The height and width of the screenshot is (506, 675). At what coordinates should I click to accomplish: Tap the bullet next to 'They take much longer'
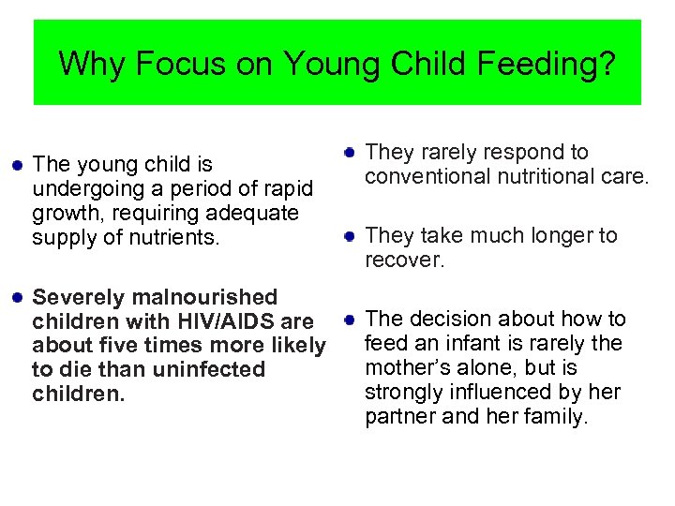pyautogui.click(x=349, y=235)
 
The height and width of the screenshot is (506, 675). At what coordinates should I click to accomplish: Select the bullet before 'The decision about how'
pyautogui.click(x=349, y=319)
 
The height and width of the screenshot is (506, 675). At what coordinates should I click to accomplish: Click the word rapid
pyautogui.click(x=287, y=189)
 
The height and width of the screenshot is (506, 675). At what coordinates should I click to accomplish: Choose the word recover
pyautogui.click(x=404, y=260)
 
